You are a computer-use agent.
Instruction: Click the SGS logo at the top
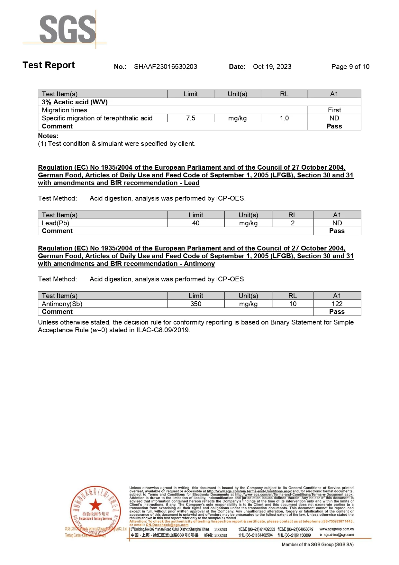68,29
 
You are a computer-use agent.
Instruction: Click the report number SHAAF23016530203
165,67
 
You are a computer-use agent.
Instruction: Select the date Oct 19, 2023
272,67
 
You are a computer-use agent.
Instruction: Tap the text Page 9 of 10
350,67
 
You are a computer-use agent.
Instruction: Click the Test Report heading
49,65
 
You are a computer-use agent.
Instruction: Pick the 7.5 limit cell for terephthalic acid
191,118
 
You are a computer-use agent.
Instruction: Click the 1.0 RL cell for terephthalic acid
284,118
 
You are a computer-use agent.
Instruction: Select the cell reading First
334,110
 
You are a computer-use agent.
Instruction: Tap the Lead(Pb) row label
56,223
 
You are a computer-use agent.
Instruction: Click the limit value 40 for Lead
196,223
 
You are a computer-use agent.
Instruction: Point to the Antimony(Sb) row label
62,304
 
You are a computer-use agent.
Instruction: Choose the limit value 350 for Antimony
196,304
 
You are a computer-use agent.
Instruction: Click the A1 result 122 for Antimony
337,304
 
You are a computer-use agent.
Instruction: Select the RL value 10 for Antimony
293,304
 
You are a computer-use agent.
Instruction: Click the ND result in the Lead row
337,223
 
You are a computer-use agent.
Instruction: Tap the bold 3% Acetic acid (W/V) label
75,102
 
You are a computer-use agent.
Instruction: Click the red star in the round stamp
95,505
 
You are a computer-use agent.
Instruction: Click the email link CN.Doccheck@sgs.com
167,525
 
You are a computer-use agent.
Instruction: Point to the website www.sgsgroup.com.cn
336,529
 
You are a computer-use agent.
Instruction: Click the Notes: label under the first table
48,136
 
